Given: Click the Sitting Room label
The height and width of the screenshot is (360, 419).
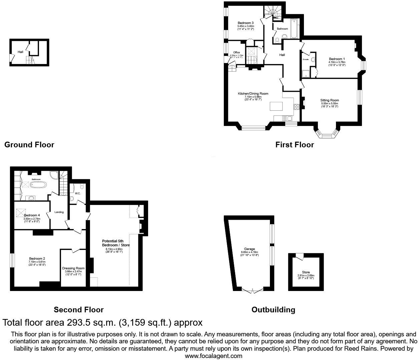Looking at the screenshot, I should click(x=329, y=100).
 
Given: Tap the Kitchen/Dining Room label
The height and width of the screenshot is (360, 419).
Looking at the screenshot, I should click(x=253, y=94).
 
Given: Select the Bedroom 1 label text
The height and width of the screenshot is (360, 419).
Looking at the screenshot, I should click(x=337, y=59).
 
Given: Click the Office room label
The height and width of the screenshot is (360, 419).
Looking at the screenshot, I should click(x=237, y=53).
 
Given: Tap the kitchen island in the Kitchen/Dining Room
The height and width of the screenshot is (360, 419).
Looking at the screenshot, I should click(x=276, y=106).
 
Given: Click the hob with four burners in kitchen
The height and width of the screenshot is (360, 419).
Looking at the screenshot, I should click(x=296, y=107).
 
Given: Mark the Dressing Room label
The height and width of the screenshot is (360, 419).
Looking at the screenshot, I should click(x=73, y=268).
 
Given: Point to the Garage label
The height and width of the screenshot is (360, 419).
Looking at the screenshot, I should click(x=249, y=249).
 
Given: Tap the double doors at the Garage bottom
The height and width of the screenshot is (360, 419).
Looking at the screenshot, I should click(x=252, y=291).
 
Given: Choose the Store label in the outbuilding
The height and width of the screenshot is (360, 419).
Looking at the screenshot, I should click(x=306, y=272).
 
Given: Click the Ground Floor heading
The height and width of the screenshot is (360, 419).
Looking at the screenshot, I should click(x=29, y=145).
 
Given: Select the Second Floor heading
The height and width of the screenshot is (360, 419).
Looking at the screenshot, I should click(x=79, y=310).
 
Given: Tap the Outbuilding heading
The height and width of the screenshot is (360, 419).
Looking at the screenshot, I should click(x=273, y=310).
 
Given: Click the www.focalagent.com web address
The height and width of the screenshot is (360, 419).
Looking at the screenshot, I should click(x=214, y=356).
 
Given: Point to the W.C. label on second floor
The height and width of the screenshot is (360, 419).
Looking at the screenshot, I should click(x=77, y=193).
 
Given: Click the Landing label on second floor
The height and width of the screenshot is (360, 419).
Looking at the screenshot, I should click(x=59, y=212).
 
